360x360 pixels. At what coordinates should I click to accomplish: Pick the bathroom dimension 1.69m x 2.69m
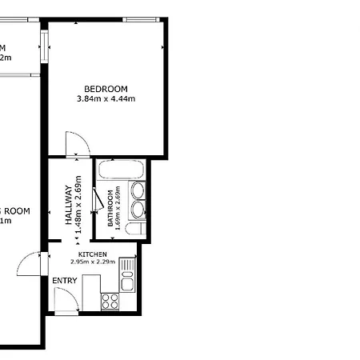[x=118, y=208]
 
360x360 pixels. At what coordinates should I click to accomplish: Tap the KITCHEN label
[x=93, y=254]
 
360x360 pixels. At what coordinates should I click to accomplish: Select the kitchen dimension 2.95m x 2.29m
[x=93, y=262]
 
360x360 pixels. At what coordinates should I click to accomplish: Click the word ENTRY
[x=65, y=281]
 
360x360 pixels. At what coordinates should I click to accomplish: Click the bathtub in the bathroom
[x=120, y=170]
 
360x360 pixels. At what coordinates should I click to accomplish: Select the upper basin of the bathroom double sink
[x=138, y=190]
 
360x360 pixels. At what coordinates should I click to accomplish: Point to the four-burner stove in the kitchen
[x=110, y=302]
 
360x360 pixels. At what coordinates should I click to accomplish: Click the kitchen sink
[x=126, y=282]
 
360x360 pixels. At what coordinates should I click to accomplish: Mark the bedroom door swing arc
[x=77, y=145]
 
